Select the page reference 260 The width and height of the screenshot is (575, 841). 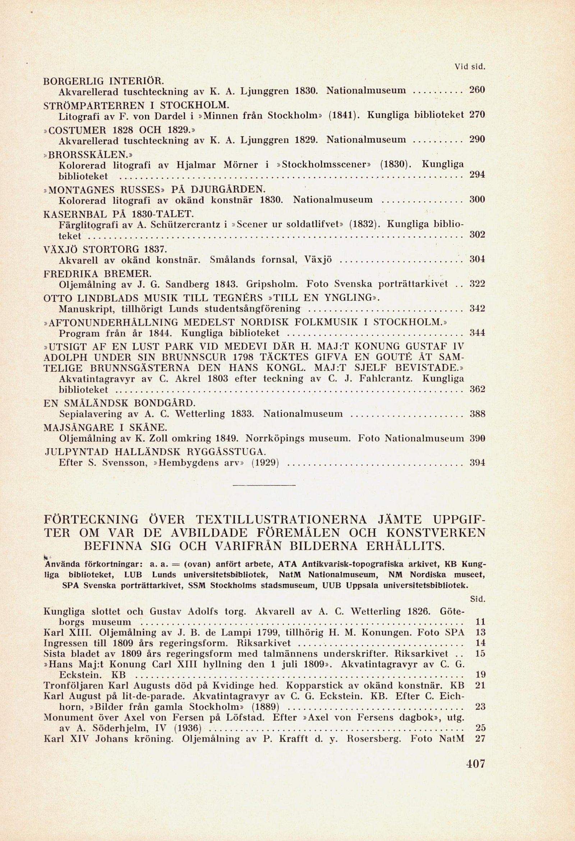(x=477, y=91)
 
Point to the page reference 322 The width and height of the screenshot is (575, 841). (x=477, y=284)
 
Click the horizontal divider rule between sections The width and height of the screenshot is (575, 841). (x=264, y=485)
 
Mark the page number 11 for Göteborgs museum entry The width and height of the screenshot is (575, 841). (x=480, y=623)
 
